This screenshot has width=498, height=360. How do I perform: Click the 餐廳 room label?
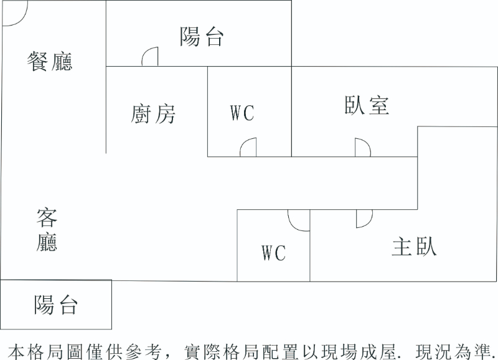click(50, 61)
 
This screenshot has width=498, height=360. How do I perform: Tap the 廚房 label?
click(153, 114)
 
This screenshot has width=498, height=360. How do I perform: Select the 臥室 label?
click(367, 105)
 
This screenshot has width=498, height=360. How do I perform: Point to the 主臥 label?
click(414, 247)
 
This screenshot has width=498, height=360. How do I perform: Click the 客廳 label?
click(47, 230)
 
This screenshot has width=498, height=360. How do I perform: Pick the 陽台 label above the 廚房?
click(202, 37)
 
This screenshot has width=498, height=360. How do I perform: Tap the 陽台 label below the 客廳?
click(56, 305)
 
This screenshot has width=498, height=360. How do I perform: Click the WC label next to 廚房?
click(242, 113)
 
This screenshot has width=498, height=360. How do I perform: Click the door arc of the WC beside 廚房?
click(248, 148)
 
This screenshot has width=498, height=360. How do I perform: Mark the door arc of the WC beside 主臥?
click(298, 220)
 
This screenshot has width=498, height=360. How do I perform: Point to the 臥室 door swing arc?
click(363, 148)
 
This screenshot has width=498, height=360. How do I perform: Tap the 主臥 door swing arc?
click(364, 219)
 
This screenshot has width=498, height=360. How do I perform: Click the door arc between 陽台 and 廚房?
click(149, 57)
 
